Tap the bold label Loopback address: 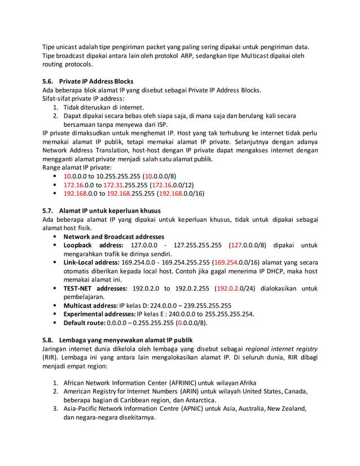[x=93, y=245]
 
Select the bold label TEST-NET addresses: [x=95, y=288]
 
